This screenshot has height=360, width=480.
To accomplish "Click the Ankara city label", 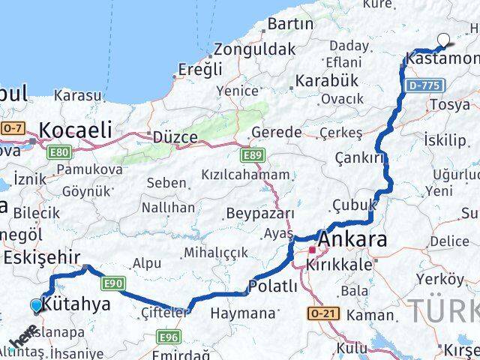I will pyautogui.click(x=353, y=240).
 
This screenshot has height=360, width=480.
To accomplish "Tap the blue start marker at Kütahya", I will pyautogui.click(x=37, y=304).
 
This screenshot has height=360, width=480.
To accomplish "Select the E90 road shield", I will pyautogui.click(x=113, y=283).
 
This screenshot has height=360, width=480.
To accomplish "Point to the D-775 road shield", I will pyautogui.click(x=424, y=86).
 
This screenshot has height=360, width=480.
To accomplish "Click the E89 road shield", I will pyautogui.click(x=253, y=156).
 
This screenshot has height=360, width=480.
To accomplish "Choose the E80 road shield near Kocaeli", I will pyautogui.click(x=59, y=152).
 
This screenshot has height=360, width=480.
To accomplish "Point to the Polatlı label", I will pyautogui.click(x=273, y=286).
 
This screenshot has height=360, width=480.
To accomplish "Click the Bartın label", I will pyautogui.click(x=289, y=24).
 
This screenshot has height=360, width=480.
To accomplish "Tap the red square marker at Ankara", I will pyautogui.click(x=312, y=250).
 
